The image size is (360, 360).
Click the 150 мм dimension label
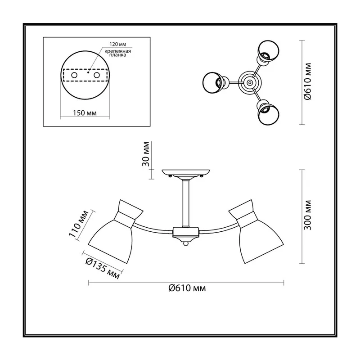[x=85, y=113]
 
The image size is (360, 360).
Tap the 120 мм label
[x=118, y=44]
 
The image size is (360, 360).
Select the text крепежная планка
[x=118, y=53]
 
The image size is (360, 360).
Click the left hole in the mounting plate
[x=74, y=75]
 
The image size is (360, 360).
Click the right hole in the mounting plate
[x=97, y=75]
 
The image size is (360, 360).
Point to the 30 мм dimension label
[x=146, y=154]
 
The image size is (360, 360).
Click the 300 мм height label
[x=308, y=215]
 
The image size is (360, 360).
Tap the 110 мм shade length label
[x=78, y=223]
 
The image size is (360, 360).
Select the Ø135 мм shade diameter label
[x=103, y=268]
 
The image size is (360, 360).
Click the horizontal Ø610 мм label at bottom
[x=187, y=288]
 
